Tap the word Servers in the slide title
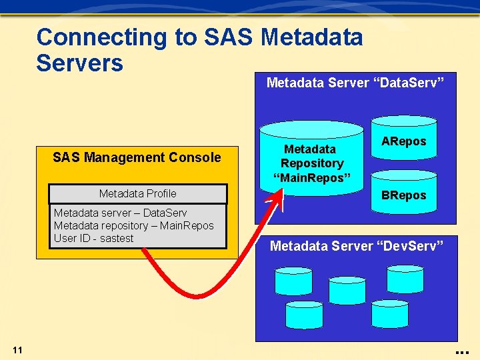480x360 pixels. [x=80, y=63]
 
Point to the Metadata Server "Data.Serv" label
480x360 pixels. [x=355, y=83]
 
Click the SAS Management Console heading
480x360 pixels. [x=137, y=157]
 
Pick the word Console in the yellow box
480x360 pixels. [x=195, y=157]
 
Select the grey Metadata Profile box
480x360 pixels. [x=138, y=194]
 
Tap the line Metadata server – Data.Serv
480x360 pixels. [x=120, y=213]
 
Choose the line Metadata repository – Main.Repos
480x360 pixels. [x=133, y=225]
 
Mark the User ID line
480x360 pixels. [x=93, y=238]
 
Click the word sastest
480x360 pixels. [x=117, y=238]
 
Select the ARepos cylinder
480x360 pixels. [x=403, y=141]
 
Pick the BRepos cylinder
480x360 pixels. [x=403, y=194]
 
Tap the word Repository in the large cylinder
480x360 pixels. [x=312, y=163]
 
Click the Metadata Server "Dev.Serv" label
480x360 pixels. [x=356, y=246]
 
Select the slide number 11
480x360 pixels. [x=18, y=350]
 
